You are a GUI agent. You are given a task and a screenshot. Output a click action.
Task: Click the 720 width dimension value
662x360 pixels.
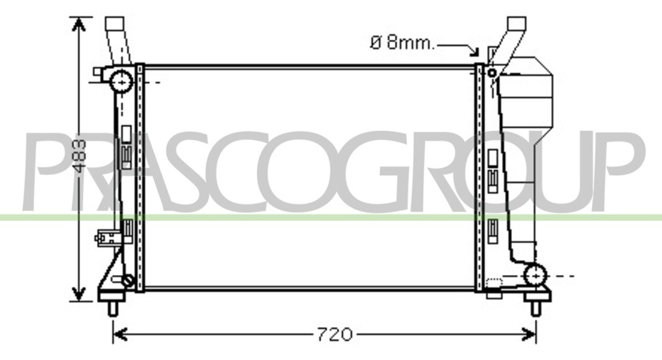click(334, 335)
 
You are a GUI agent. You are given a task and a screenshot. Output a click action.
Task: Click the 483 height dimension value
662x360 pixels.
click(79, 156)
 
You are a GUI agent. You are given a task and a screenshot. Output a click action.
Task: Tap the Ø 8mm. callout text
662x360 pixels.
click(402, 43)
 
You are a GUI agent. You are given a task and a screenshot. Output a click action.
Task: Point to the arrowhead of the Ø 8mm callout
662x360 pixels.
click(475, 51)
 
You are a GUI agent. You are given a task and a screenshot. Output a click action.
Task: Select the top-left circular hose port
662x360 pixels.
click(121, 81)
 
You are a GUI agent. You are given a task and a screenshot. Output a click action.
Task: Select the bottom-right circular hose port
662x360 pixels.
click(535, 276)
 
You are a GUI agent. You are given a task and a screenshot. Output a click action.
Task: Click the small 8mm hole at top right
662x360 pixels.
click(492, 73)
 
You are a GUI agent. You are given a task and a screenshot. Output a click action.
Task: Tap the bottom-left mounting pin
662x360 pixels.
click(113, 309)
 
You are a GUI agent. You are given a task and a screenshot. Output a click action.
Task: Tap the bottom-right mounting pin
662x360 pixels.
click(536, 309)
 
